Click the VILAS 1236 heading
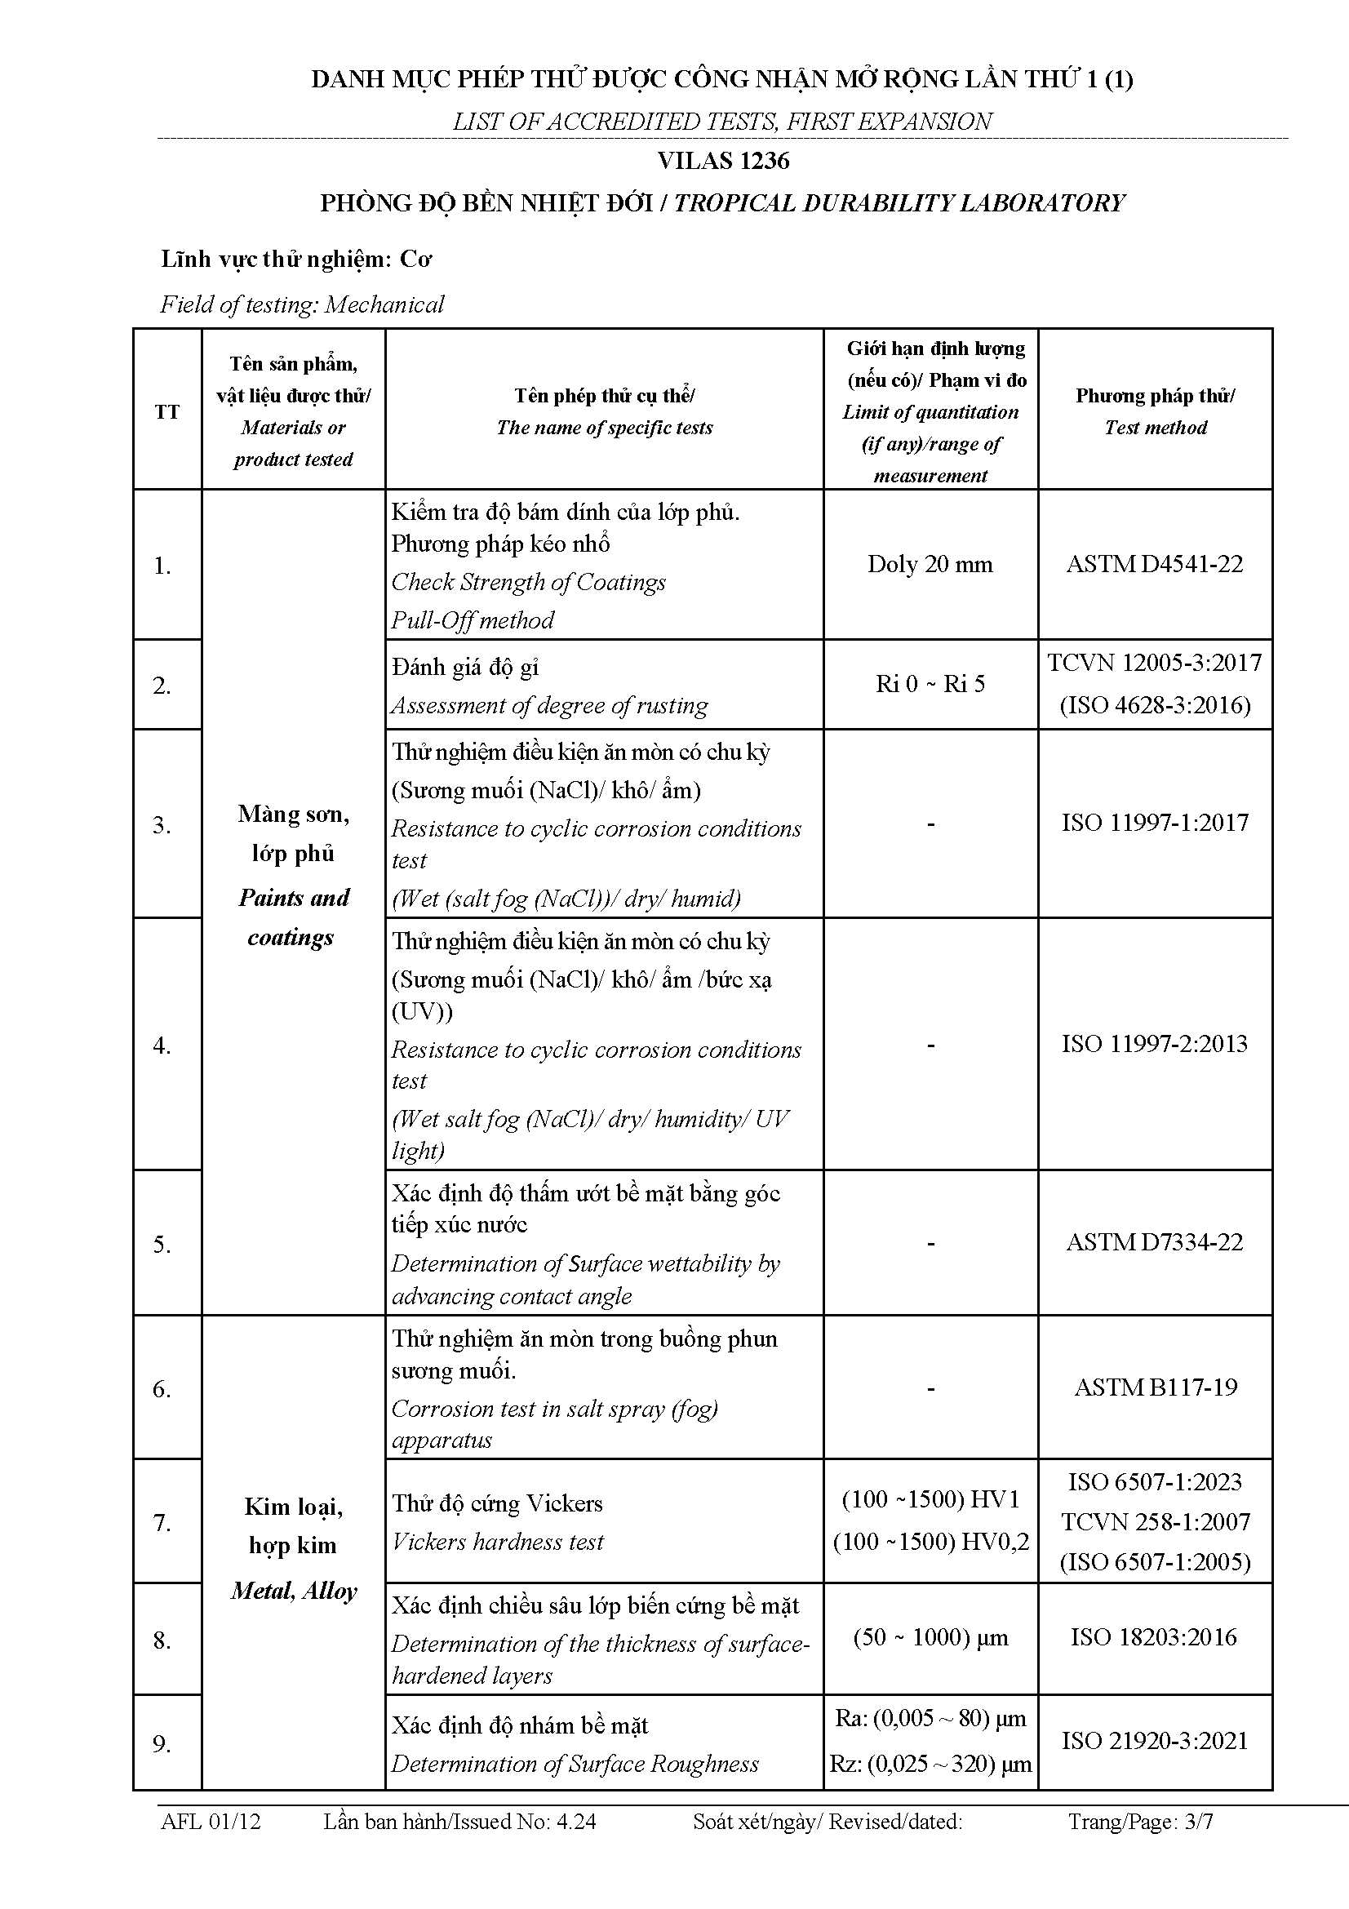point(723,161)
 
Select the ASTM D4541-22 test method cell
point(1155,564)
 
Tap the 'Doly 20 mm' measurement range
point(930,564)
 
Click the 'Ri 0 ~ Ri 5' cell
point(930,683)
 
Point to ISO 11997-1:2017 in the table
point(1155,823)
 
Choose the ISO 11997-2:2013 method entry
point(1155,1044)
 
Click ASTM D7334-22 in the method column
point(1155,1242)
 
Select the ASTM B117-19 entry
point(1156,1387)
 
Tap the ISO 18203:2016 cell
point(1154,1637)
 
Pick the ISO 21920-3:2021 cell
point(1155,1741)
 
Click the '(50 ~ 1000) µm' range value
point(930,1637)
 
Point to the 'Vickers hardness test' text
point(498,1542)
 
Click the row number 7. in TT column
point(162,1522)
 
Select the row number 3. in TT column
point(162,825)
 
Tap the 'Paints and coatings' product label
point(294,917)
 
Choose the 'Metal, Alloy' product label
point(294,1591)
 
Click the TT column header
point(167,411)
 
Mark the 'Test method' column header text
point(1156,428)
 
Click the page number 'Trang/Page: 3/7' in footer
point(1140,1822)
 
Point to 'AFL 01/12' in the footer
point(211,1822)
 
